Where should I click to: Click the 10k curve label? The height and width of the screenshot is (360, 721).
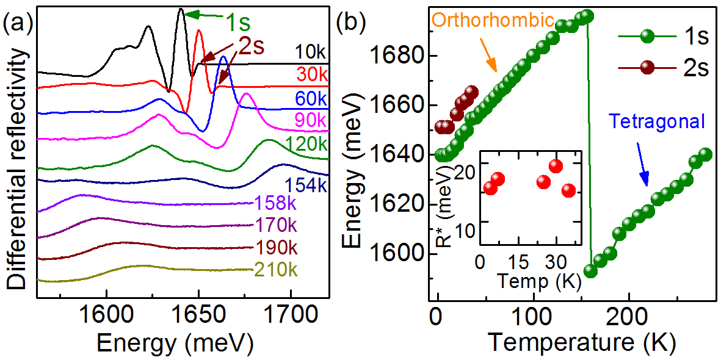coord(312,51)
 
